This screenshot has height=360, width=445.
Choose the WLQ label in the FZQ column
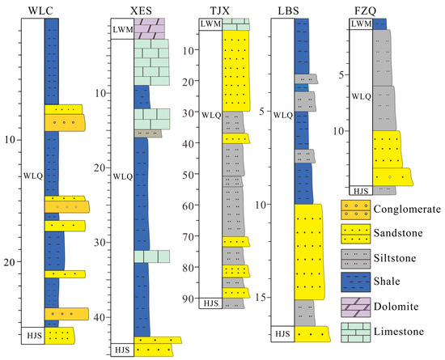[361, 97]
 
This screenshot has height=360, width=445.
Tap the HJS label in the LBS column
[282, 333]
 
